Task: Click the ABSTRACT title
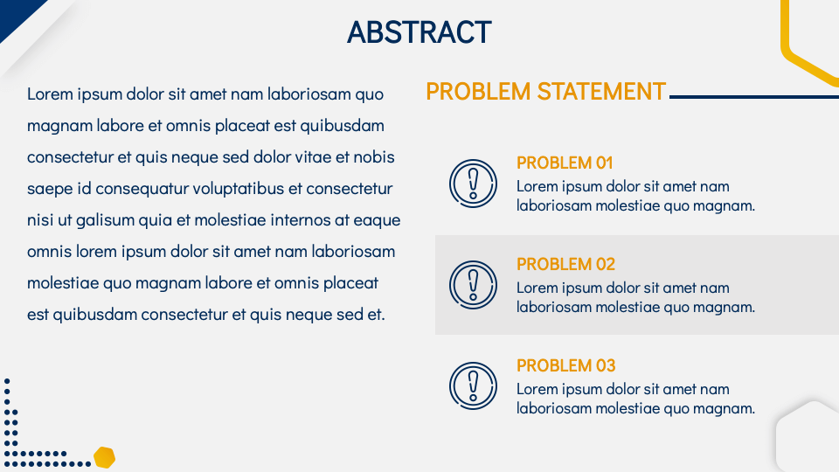[419, 32]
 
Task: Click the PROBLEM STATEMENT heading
[545, 92]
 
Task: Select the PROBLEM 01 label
[565, 163]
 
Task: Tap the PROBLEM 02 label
[565, 264]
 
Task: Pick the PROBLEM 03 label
[565, 365]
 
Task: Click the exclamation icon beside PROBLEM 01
[473, 184]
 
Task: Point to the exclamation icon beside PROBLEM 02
[473, 285]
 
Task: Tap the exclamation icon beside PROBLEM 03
[473, 385]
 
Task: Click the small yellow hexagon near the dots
[104, 457]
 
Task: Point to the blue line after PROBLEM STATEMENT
[754, 97]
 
